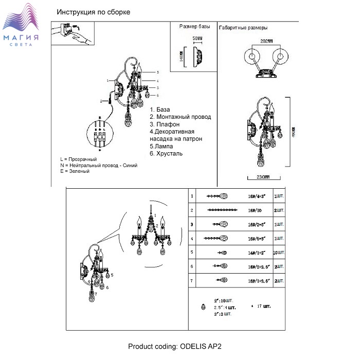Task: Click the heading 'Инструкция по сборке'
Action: pos(94,12)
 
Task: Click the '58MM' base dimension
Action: pos(197,39)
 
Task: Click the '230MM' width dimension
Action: pos(262,177)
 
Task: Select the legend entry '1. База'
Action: pos(160,110)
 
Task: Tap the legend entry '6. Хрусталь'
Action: pos(166,153)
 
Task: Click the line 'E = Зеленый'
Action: pos(75,171)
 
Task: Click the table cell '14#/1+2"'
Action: pos(256,253)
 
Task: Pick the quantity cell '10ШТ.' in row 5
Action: pos(278,253)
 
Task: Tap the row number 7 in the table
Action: pos(192,280)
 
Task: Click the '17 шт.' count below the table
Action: pos(263,306)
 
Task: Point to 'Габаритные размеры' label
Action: pos(243,28)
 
